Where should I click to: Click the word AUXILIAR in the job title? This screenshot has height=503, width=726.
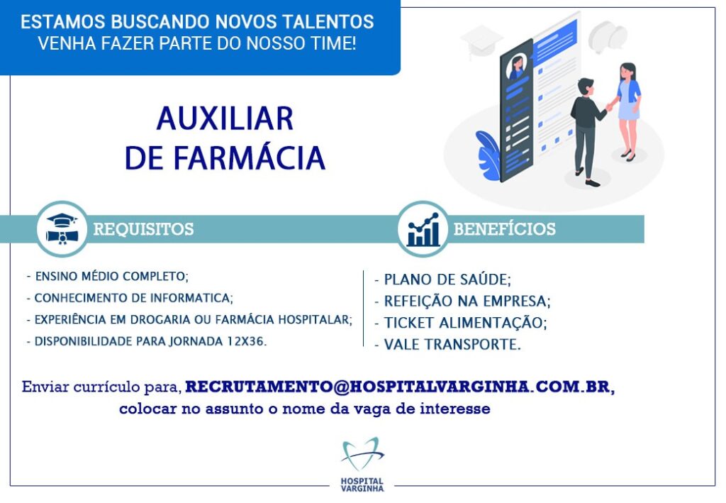[x=225, y=118]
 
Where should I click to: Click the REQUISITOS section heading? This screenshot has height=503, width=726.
[x=143, y=229]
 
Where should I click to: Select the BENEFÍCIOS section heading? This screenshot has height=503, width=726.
[x=505, y=229]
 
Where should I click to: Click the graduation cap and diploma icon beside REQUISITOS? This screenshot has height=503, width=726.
[x=62, y=229]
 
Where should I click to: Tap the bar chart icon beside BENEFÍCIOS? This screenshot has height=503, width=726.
[x=423, y=230]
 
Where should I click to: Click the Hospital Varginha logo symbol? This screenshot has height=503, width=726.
[x=362, y=454]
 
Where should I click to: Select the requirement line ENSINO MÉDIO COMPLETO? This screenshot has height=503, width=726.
[x=108, y=277]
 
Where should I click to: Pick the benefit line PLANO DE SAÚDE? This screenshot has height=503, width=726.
[x=443, y=280]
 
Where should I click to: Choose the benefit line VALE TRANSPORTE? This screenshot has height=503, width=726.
[x=448, y=345]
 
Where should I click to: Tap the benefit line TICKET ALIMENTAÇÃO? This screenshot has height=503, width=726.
[x=461, y=323]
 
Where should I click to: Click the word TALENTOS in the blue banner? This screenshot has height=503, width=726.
[x=328, y=22]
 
